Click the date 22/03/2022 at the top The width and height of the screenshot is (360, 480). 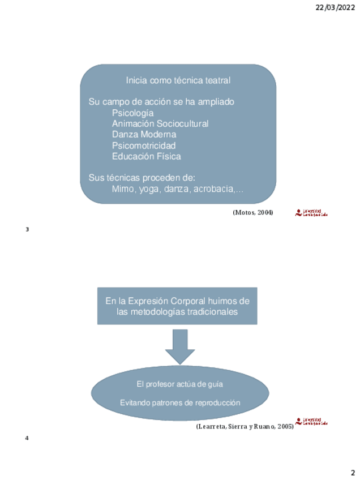(x=335, y=7)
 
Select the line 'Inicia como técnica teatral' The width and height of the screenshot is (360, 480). (x=178, y=80)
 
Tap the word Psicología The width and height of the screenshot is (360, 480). (x=132, y=113)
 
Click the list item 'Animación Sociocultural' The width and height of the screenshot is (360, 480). (x=160, y=123)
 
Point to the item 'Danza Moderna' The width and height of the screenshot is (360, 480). (x=144, y=134)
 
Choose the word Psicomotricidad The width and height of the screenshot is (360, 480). (x=144, y=145)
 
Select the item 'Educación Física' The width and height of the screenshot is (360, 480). (x=147, y=156)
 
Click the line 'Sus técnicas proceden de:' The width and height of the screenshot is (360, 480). (x=134, y=177)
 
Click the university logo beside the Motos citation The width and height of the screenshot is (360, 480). (x=311, y=213)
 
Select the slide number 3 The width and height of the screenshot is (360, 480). (x=27, y=229)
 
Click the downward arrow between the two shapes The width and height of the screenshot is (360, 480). (x=180, y=346)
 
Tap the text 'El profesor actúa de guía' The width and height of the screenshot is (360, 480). (x=180, y=384)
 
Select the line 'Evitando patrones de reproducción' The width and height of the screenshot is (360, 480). (x=180, y=402)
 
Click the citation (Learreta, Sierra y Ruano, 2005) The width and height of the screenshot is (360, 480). (x=245, y=426)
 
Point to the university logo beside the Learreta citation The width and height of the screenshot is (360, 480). (x=311, y=422)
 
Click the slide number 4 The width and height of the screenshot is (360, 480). (x=27, y=438)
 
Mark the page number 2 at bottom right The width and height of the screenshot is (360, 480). (x=352, y=473)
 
